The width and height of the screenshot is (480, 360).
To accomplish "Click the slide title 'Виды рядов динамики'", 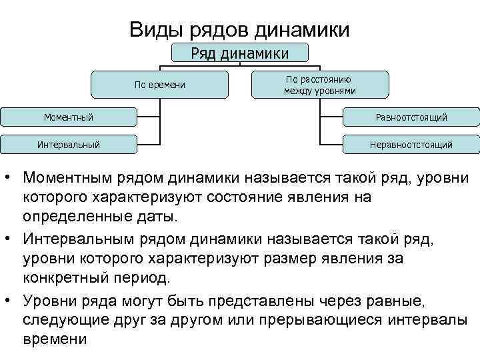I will pyautogui.click(x=239, y=30).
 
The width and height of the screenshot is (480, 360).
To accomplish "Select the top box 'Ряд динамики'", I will pyautogui.click(x=240, y=53).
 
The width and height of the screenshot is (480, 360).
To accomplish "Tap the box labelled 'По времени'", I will pyautogui.click(x=160, y=85).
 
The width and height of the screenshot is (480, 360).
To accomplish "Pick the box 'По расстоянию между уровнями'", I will pyautogui.click(x=319, y=85).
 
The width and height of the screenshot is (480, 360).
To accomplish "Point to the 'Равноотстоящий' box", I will pyautogui.click(x=411, y=117).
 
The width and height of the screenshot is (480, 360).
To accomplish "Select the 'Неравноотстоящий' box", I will pyautogui.click(x=411, y=143).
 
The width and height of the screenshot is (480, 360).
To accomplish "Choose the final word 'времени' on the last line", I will pyautogui.click(x=55, y=338).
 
